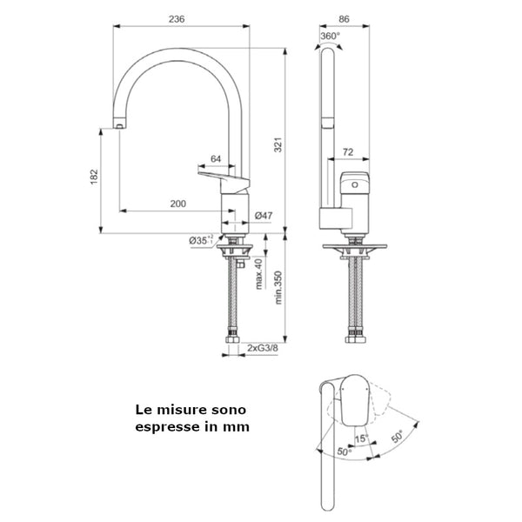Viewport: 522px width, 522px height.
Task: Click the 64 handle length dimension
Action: tap(216, 160)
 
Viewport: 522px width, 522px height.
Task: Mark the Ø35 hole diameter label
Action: tap(200, 240)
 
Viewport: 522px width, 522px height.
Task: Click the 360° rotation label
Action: tap(331, 37)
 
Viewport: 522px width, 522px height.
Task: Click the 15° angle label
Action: tap(360, 438)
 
